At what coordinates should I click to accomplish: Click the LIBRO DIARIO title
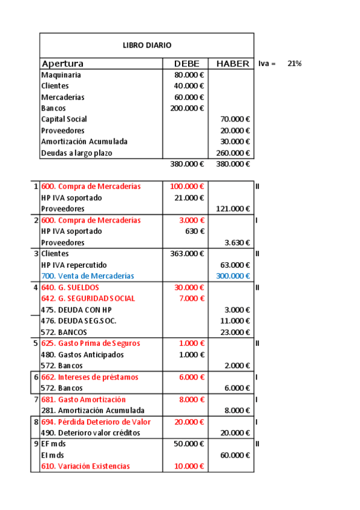[x=147, y=45]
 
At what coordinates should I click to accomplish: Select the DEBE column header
[x=186, y=64]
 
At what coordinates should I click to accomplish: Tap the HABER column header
[x=232, y=64]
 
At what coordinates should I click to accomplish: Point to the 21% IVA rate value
[x=294, y=63]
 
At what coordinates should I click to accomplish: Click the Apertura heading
[x=63, y=64]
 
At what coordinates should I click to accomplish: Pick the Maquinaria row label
[x=61, y=75]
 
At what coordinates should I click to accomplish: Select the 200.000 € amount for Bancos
[x=188, y=108]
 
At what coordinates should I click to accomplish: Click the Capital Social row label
[x=64, y=119]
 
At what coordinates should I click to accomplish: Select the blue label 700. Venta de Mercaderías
[x=88, y=276]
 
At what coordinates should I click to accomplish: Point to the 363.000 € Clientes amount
[x=188, y=254]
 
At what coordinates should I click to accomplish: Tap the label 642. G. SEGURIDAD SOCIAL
[x=88, y=298]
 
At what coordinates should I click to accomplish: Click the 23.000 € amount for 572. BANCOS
[x=235, y=332]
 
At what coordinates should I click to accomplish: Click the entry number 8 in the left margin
[x=36, y=422]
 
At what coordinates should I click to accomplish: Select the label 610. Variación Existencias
[x=85, y=466]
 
